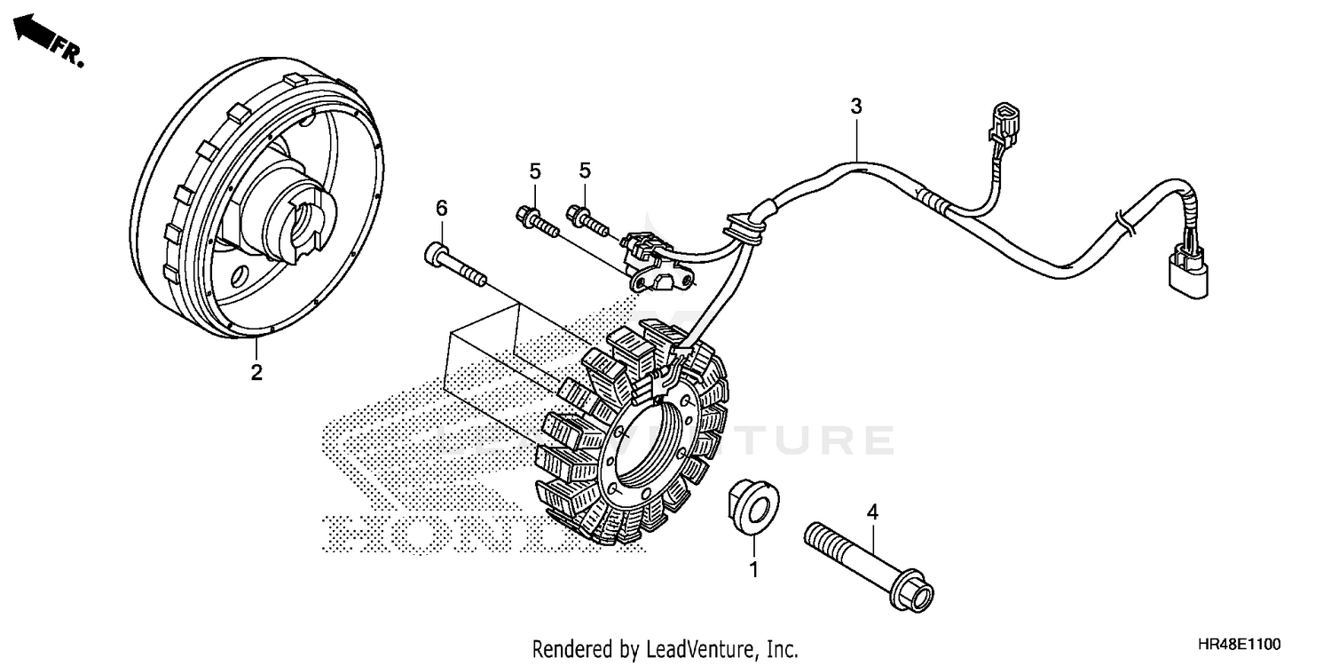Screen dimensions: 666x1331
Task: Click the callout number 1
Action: (x=754, y=570)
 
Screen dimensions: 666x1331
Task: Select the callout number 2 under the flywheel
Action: (x=256, y=373)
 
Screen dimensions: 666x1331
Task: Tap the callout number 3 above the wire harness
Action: (x=855, y=107)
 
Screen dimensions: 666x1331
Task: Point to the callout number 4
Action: (x=872, y=512)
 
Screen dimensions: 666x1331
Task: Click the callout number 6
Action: (x=441, y=208)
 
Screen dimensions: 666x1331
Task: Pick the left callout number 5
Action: (x=536, y=170)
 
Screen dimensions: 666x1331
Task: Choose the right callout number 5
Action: (x=585, y=170)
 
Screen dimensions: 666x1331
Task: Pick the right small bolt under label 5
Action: (x=587, y=219)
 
